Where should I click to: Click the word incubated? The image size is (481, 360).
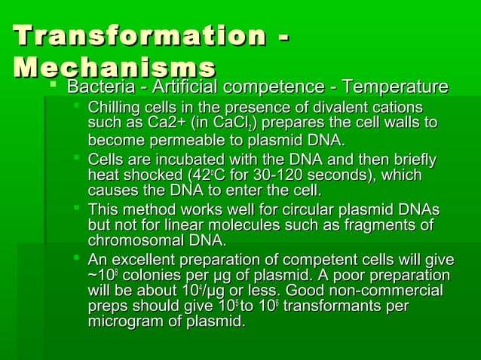coord(176,160)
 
